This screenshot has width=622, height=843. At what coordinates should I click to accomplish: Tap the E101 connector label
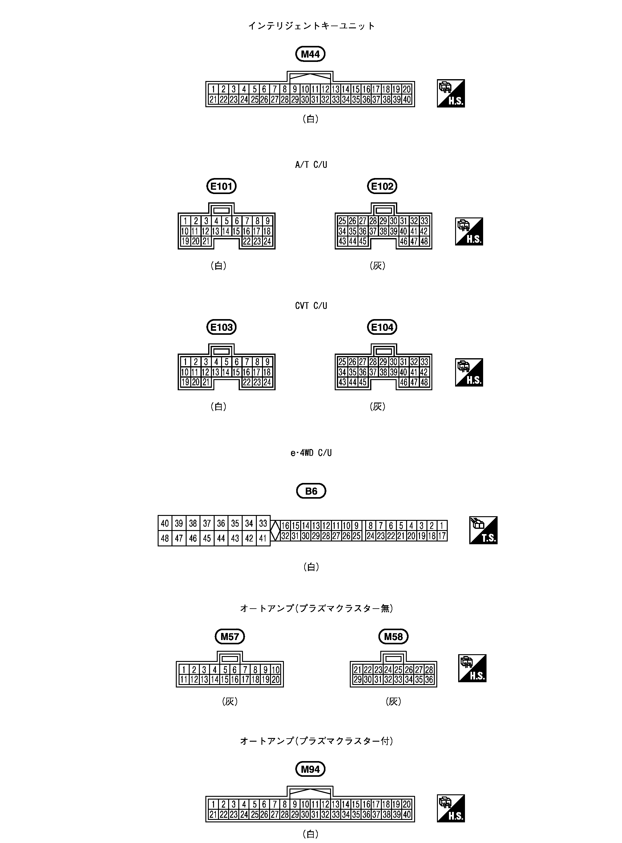tap(221, 186)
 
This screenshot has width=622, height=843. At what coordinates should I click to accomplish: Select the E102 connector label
tap(382, 186)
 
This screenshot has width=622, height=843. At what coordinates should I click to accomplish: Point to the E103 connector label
tap(221, 327)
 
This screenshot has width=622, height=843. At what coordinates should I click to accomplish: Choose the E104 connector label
tap(382, 327)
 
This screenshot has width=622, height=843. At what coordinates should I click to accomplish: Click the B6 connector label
tap(311, 491)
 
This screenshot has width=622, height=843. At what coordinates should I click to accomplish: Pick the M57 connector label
tap(230, 637)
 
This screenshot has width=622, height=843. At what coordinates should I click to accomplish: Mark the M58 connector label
tap(393, 637)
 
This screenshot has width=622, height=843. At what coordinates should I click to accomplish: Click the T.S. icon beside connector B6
tap(483, 530)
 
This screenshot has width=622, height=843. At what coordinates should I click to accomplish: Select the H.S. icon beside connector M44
tap(451, 93)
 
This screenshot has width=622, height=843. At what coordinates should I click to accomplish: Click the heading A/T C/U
tap(311, 164)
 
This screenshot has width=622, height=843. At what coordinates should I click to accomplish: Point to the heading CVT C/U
tap(311, 306)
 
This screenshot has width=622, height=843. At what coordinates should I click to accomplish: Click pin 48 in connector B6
tap(165, 538)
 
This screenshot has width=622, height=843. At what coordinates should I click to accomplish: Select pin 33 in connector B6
tap(263, 523)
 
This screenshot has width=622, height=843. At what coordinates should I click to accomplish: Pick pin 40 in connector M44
tap(407, 99)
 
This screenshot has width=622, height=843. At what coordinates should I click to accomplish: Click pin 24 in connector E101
tap(267, 241)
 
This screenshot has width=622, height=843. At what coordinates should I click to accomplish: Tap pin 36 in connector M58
tap(429, 679)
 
